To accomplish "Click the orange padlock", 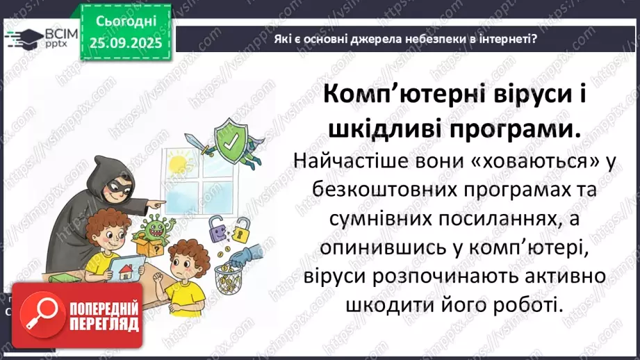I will [x=240, y=227].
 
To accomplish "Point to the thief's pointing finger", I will [x=161, y=203].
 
